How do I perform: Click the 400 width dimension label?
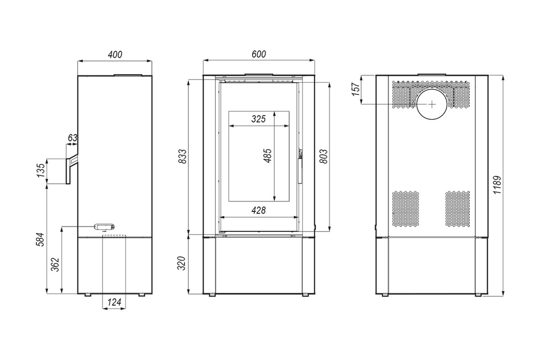click(x=115, y=54)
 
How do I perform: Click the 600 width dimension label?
click(x=258, y=54)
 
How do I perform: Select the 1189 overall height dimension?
click(x=498, y=185)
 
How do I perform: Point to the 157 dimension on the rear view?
click(x=356, y=89)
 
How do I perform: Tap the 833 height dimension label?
click(x=183, y=156)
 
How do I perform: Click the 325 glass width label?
click(x=258, y=119)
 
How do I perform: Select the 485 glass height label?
click(x=267, y=155)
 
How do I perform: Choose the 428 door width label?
click(x=258, y=210)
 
